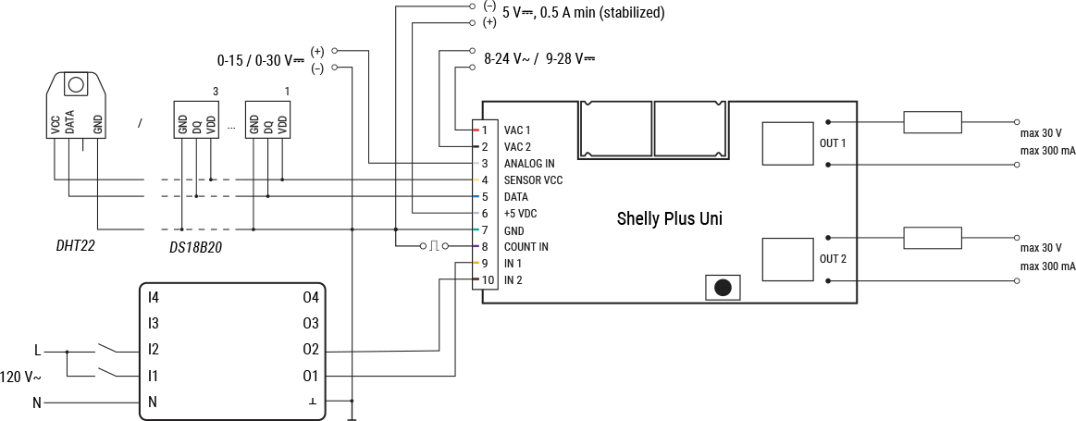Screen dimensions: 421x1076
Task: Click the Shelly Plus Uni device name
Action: tap(669, 219)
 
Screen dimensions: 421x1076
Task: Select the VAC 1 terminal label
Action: tap(517, 130)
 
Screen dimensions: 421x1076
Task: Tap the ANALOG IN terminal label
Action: tap(529, 164)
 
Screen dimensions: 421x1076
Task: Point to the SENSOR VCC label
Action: tap(533, 180)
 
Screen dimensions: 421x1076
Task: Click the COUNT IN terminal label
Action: tap(526, 247)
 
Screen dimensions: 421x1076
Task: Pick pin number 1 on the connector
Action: tap(484, 130)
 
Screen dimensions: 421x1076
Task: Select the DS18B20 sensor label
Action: tap(195, 248)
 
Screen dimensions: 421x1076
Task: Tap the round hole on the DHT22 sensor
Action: tap(75, 84)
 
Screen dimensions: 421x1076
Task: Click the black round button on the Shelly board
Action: tap(723, 288)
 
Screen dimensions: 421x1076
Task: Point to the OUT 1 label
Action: tap(833, 143)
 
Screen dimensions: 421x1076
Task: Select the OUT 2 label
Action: tap(833, 258)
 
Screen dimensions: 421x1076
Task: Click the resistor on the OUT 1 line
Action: tap(932, 122)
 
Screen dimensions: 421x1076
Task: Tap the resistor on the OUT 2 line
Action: tap(932, 238)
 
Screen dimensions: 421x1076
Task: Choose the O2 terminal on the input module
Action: tap(310, 350)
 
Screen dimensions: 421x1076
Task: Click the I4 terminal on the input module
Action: tap(154, 297)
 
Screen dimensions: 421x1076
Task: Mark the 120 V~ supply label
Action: tap(20, 378)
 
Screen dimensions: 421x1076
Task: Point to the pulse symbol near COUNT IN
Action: tap(433, 246)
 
